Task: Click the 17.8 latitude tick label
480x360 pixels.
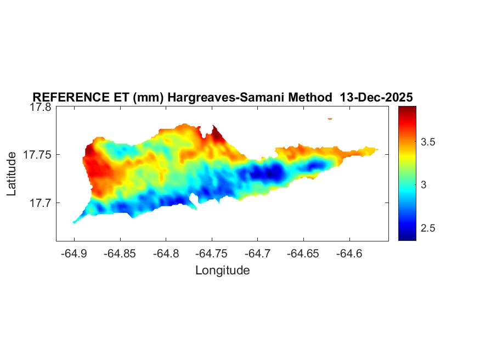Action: tap(40, 108)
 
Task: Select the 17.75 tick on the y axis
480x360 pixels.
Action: tap(37, 155)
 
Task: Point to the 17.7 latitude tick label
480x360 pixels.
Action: tap(40, 203)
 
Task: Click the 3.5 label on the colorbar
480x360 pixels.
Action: tap(427, 142)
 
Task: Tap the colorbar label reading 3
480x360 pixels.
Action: tap(423, 185)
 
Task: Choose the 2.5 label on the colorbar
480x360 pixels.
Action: tap(427, 228)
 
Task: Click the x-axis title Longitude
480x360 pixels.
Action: tap(222, 270)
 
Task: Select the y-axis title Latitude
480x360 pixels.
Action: tap(13, 175)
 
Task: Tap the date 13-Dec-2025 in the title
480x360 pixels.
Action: tap(376, 97)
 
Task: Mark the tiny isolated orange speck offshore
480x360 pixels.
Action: tap(330, 118)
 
